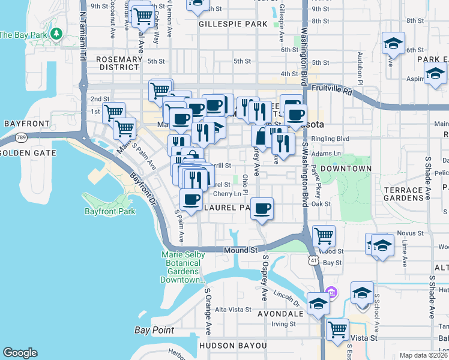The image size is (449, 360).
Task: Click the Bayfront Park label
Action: [110, 211]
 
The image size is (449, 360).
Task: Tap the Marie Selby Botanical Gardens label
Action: [183, 267]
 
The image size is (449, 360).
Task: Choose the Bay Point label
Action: [154, 330]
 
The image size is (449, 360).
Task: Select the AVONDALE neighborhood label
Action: [280, 313]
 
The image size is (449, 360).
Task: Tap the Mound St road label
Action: [241, 250]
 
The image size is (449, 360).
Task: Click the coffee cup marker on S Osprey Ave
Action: [262, 209]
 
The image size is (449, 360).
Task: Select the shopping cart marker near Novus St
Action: [324, 236]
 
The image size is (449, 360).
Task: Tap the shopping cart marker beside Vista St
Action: [338, 329]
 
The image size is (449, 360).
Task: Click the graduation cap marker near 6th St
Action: [393, 43]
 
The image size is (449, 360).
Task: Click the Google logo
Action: [20, 353]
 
